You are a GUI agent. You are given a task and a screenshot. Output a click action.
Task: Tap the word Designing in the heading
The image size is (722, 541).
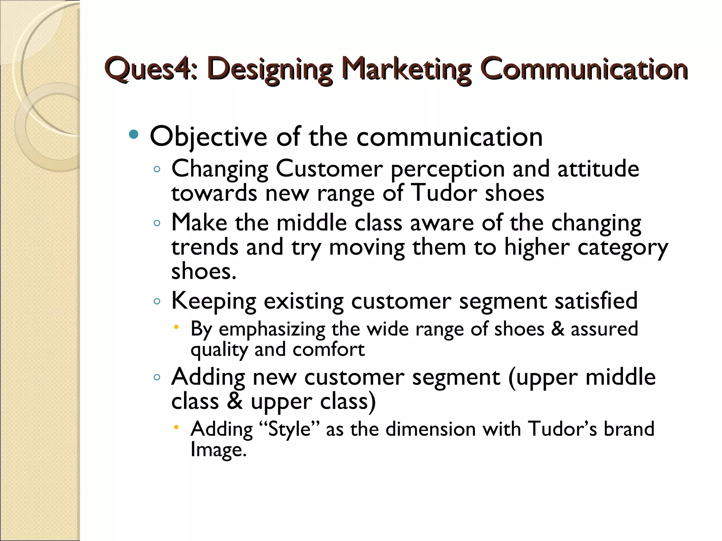tap(270, 69)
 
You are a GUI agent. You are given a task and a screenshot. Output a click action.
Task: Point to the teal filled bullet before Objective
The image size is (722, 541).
tap(134, 134)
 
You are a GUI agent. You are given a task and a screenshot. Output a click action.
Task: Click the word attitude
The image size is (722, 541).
tap(598, 168)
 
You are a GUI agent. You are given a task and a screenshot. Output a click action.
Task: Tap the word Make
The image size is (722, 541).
tap(199, 223)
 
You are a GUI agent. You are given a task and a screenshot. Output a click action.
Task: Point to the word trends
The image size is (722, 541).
tap(204, 247)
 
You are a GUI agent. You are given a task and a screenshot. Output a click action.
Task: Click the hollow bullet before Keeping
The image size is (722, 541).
tap(157, 301)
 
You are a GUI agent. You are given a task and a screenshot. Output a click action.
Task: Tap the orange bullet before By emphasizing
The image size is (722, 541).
tap(177, 328)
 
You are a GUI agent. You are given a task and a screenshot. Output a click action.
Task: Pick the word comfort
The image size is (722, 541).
tap(329, 349)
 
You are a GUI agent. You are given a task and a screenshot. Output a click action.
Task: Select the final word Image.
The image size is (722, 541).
tap(218, 450)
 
